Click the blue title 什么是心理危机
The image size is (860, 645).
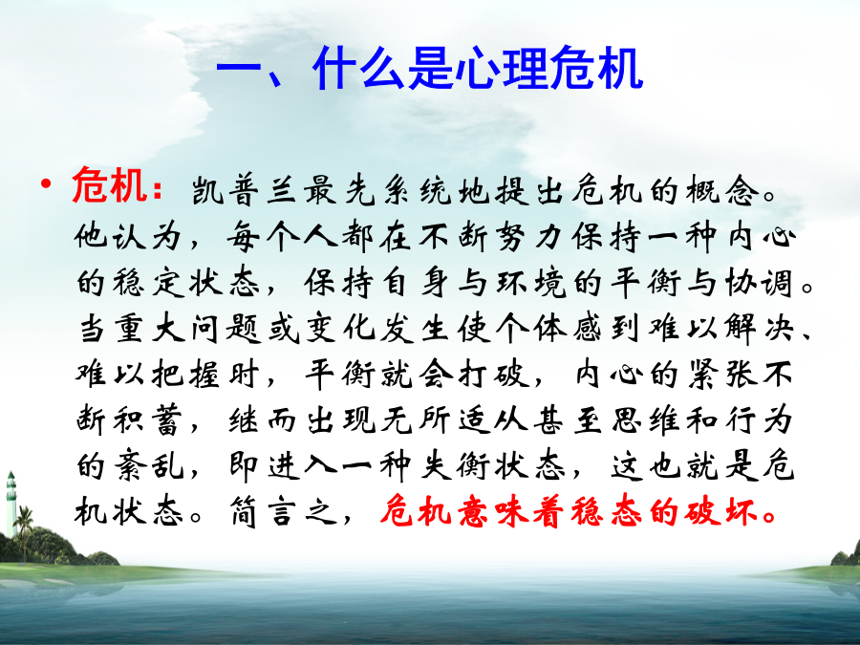tap(477, 69)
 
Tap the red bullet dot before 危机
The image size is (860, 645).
tap(46, 183)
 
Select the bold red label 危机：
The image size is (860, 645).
tap(118, 185)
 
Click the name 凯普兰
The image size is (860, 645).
tap(244, 191)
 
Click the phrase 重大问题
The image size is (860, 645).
tap(187, 329)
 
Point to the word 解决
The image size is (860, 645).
tap(759, 329)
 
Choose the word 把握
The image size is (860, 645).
tap(186, 376)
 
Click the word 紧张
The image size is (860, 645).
tap(721, 376)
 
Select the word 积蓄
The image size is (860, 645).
tap(147, 421)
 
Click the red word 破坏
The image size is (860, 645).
tap(721, 513)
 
